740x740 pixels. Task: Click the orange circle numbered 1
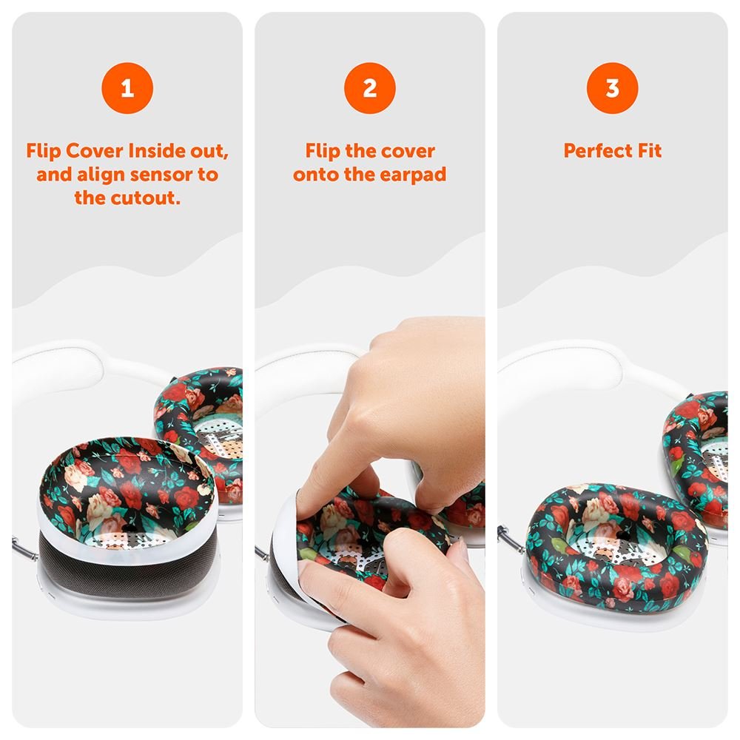(x=127, y=88)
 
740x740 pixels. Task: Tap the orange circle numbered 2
(x=370, y=88)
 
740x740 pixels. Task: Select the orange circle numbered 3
(x=613, y=88)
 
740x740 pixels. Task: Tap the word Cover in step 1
(x=95, y=151)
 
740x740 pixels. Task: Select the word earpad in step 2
(x=413, y=175)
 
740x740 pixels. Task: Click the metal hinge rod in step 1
(x=24, y=548)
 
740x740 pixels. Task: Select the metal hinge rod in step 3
(x=511, y=538)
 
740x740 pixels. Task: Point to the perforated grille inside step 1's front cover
(x=127, y=539)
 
